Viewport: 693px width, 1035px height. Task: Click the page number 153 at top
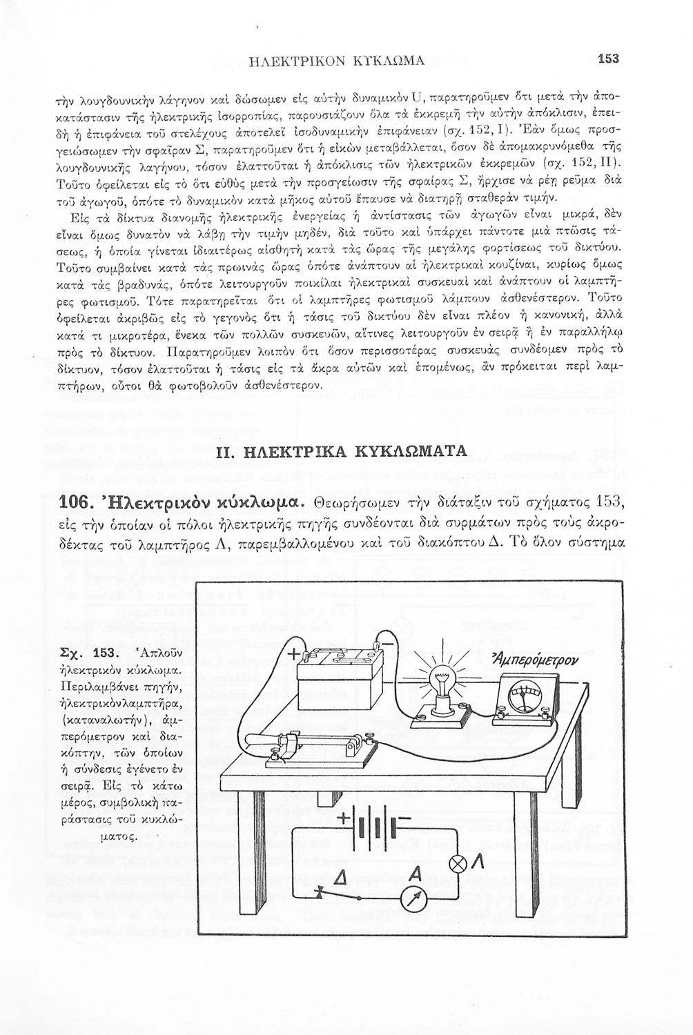(x=609, y=59)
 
